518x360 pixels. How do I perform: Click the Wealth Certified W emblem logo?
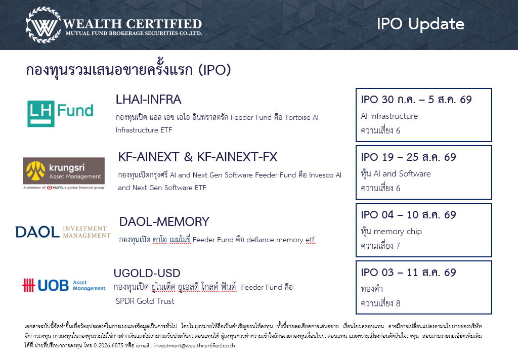click(x=44, y=25)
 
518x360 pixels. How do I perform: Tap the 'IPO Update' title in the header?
click(x=420, y=24)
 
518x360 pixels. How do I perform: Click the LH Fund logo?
click(x=61, y=113)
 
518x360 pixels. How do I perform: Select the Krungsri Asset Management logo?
click(x=64, y=173)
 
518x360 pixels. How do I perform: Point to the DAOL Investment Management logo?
click(x=63, y=232)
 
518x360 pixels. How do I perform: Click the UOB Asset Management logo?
click(x=64, y=285)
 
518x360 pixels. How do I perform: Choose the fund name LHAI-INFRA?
click(x=148, y=100)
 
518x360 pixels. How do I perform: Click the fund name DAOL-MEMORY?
click(x=164, y=221)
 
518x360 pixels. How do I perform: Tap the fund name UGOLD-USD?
click(x=147, y=273)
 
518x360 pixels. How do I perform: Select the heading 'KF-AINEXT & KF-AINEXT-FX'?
click(x=198, y=157)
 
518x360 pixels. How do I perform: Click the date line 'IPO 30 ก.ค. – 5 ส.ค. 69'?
click(x=416, y=100)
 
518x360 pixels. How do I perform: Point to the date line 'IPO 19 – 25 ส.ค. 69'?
click(x=408, y=157)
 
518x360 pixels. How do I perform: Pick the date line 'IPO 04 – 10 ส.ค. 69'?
click(x=408, y=215)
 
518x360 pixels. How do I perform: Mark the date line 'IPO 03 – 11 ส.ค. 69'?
click(x=408, y=273)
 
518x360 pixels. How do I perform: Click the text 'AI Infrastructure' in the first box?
click(x=389, y=116)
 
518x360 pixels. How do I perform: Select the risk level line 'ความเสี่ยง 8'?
click(x=380, y=303)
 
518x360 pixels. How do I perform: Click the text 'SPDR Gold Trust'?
click(x=145, y=301)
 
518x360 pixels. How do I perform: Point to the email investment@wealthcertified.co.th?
click(x=195, y=345)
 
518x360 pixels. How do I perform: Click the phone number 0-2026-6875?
click(x=108, y=345)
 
